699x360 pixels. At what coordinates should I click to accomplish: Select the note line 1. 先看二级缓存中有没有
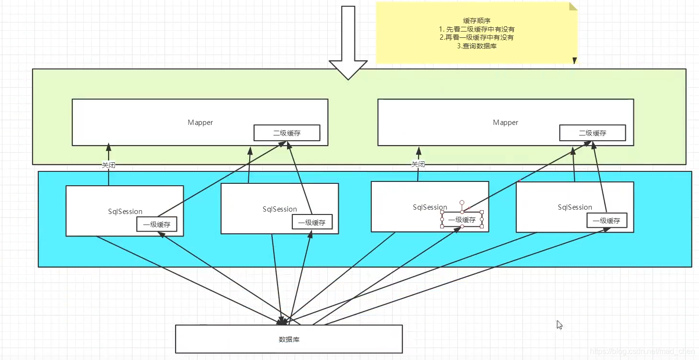(x=477, y=29)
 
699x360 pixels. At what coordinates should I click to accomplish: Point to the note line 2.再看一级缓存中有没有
(x=477, y=37)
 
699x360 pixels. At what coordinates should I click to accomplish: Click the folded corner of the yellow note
(x=573, y=6)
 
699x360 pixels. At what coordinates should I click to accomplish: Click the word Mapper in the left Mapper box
(x=200, y=123)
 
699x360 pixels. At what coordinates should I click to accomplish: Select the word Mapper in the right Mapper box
(x=505, y=123)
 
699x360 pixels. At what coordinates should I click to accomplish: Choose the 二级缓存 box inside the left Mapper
(x=287, y=133)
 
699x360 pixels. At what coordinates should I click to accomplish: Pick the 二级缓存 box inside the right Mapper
(x=592, y=133)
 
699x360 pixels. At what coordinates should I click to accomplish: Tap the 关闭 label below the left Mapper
(x=109, y=165)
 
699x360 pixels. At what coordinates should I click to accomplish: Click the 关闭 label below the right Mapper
(x=418, y=164)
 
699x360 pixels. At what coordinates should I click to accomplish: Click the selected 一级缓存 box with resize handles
(x=462, y=220)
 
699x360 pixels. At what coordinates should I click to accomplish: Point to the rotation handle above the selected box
(x=462, y=202)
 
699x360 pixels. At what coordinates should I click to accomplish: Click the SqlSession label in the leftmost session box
(x=125, y=212)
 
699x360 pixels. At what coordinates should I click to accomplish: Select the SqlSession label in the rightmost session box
(x=575, y=207)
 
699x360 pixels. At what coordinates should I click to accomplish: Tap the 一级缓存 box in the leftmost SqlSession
(x=156, y=224)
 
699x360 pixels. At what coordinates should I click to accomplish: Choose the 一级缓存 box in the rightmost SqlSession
(x=606, y=221)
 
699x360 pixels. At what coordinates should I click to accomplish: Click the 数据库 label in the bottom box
(x=289, y=339)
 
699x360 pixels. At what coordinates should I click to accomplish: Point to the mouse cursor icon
(x=559, y=325)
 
